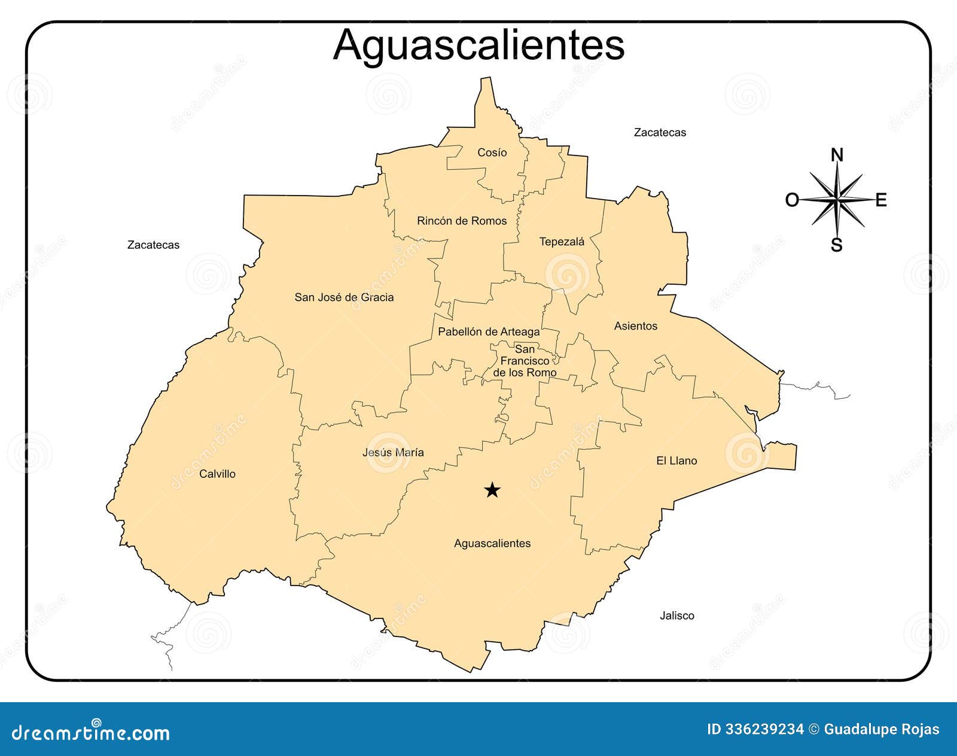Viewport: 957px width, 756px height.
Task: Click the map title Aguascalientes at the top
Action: [x=478, y=44]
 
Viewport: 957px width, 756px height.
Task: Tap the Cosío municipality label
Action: [x=492, y=153]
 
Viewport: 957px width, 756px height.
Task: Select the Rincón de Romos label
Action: [x=461, y=221]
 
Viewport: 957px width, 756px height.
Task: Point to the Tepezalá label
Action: [x=562, y=242]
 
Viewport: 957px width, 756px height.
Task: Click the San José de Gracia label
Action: [x=344, y=297]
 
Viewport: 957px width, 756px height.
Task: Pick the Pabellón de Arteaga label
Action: [x=488, y=331]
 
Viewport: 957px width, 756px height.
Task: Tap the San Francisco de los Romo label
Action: [x=525, y=361]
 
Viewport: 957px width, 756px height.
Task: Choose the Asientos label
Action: [x=635, y=326]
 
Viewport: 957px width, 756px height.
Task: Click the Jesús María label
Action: [x=393, y=452]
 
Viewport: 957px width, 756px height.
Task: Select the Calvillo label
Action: [x=217, y=474]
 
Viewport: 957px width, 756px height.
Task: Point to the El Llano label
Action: [x=676, y=461]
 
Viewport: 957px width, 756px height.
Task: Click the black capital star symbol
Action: [x=492, y=490]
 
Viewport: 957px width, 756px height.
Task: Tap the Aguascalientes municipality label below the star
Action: [x=492, y=543]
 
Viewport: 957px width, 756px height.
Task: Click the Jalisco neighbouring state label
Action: [x=676, y=615]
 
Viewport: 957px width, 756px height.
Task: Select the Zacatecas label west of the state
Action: [x=153, y=245]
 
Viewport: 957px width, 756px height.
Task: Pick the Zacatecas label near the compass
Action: [x=660, y=132]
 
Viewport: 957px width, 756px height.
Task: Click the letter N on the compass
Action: [x=837, y=156]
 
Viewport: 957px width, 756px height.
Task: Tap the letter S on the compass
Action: [x=836, y=245]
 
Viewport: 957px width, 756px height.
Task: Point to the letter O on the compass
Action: [x=792, y=200]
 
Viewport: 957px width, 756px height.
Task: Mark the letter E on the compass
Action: [x=880, y=200]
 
